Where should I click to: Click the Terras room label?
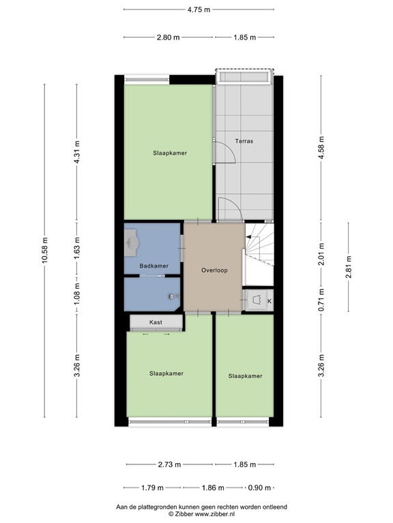244,142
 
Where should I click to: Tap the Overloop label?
214,270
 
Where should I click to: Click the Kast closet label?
156,321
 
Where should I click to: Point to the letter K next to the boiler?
269,301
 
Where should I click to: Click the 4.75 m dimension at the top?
199,10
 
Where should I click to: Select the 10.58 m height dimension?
45,250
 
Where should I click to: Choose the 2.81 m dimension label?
349,259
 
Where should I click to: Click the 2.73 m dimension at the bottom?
170,465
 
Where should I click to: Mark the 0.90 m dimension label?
260,488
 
